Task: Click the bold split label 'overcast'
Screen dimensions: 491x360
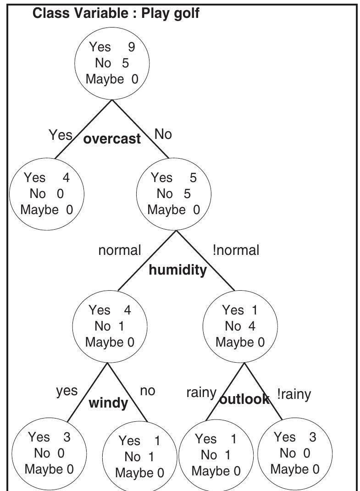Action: pos(112,139)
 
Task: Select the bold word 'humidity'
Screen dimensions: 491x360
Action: pos(177,270)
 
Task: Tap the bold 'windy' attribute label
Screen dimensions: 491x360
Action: pos(108,403)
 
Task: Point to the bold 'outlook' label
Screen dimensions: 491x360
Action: pos(244,399)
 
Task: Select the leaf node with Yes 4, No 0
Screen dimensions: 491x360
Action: pos(46,193)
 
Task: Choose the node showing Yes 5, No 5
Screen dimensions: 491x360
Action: pos(173,193)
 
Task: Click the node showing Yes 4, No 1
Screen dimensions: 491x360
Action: pos(110,326)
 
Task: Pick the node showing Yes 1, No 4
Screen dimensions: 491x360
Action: pos(240,326)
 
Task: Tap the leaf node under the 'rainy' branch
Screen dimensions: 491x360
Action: pos(215,455)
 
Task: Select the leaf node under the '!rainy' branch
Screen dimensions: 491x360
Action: pos(294,453)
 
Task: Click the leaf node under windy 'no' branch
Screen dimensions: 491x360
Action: pos(139,456)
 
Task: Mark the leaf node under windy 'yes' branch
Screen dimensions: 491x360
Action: pos(49,453)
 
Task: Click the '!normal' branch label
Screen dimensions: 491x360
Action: pos(236,250)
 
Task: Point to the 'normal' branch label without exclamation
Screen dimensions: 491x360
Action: pos(120,250)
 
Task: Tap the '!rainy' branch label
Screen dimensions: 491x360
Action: pos(294,394)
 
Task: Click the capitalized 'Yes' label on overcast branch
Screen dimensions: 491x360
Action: pos(60,135)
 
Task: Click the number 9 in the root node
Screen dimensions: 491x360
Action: pos(132,47)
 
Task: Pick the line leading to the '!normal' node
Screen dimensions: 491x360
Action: pos(205,261)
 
